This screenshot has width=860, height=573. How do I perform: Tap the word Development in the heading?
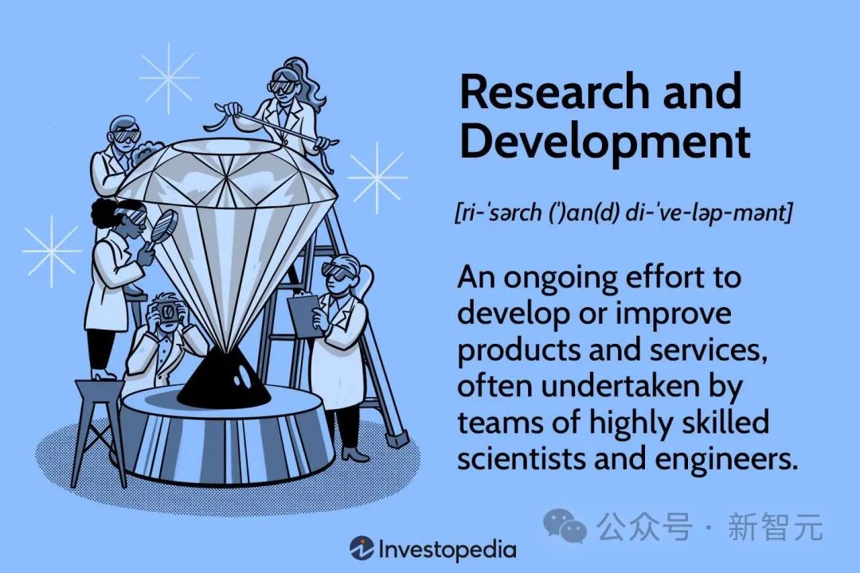(604, 141)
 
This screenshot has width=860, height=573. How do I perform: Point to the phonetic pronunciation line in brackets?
(623, 212)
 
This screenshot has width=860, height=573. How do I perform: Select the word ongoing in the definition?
(560, 279)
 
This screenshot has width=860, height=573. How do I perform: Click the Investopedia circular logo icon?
(362, 548)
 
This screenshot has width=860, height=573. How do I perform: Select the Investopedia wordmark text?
(447, 549)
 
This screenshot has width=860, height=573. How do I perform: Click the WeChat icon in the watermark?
(565, 526)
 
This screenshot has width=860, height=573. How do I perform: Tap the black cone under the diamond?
(224, 377)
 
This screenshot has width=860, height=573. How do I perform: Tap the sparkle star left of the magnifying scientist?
(52, 251)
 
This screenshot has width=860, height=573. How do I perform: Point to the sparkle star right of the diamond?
(377, 177)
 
